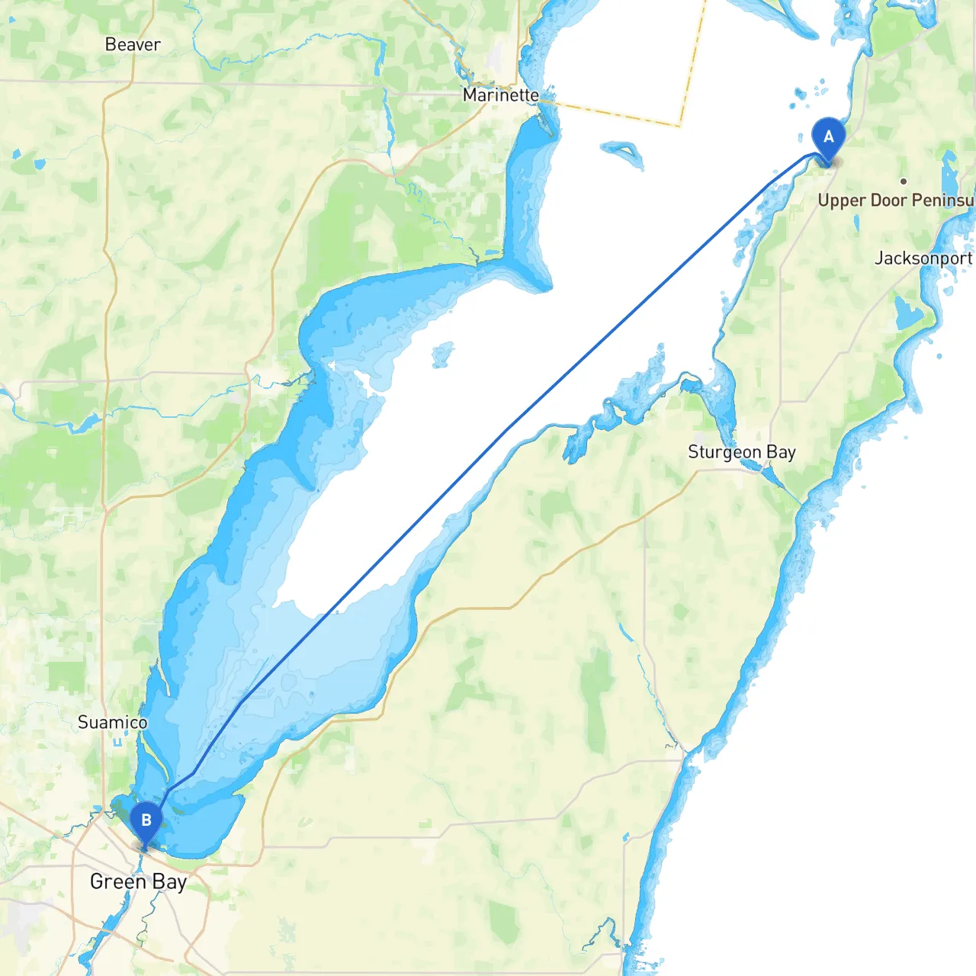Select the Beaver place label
pos(133,44)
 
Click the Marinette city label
pos(500,95)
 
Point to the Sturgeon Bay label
pos(741,452)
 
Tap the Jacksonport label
pos(923,258)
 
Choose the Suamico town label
pos(112,722)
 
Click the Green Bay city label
pos(138,882)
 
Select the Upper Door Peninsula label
pos(895,201)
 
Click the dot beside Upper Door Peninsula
pos(903,181)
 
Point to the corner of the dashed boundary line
pos(679,125)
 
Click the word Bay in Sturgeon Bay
pos(781,452)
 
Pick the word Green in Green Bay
pos(117,882)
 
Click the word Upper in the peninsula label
pos(841,201)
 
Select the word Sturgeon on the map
pos(724,452)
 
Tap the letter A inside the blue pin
pos(828,137)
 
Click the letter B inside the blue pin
pos(146,820)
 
